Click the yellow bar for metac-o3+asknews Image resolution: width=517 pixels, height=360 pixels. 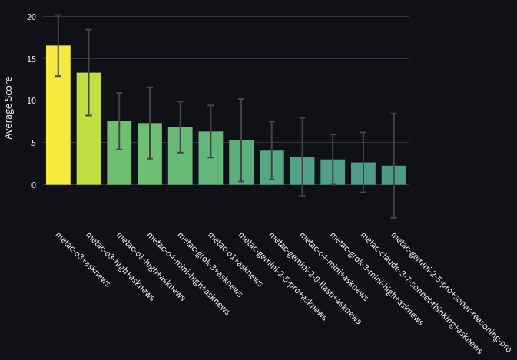click(x=58, y=115)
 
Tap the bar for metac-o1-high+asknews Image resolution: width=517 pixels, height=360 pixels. click(x=119, y=153)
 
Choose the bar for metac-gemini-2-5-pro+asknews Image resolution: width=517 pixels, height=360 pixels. click(x=241, y=163)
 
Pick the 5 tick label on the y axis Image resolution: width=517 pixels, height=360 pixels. click(x=32, y=143)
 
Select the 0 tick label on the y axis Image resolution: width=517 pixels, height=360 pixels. click(x=32, y=185)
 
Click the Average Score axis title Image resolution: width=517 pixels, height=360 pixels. click(x=9, y=107)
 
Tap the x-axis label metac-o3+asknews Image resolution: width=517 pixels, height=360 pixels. click(x=82, y=259)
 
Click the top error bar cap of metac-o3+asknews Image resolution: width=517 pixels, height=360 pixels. click(x=58, y=15)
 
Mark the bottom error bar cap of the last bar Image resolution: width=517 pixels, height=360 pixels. click(x=393, y=218)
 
